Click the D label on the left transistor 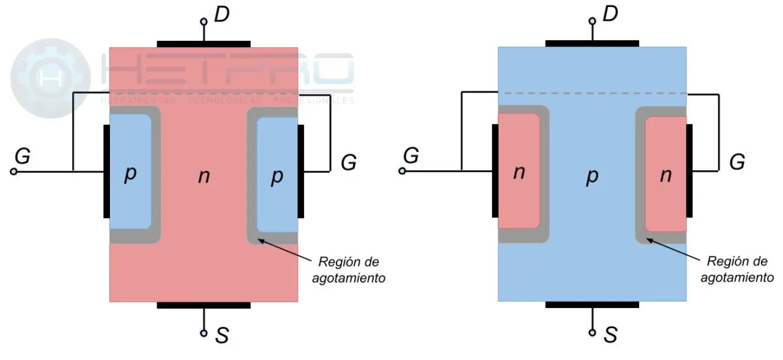pos(222,14)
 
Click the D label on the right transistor pos(610,14)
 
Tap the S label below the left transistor pos(222,336)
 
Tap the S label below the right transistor pos(610,336)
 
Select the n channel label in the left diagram pos(203,176)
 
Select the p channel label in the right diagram pos(591,177)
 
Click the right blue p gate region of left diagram pos(277,174)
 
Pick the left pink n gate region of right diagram pos(519,171)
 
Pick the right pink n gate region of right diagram pos(665,174)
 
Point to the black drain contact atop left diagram pos(203,44)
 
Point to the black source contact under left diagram pos(203,305)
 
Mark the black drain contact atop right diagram pos(592,44)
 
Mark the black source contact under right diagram pos(592,305)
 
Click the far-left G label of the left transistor pos(22,156)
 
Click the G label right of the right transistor pos(737,161)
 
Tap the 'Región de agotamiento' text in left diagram pos(348,270)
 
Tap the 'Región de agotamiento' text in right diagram pos(737,270)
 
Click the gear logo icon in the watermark pos(50,78)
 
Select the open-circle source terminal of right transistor pos(592,333)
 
